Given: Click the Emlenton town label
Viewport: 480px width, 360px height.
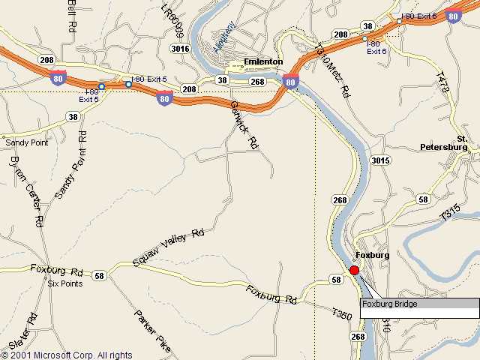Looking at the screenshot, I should coord(262,62).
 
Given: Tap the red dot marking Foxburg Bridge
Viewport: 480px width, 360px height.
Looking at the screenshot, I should coord(355,270).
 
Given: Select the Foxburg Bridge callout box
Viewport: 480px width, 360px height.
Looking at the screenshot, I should coord(419,304).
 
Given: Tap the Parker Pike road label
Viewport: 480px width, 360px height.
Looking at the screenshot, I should coord(153,331).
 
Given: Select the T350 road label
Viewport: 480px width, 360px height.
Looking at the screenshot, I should coord(341,316).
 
